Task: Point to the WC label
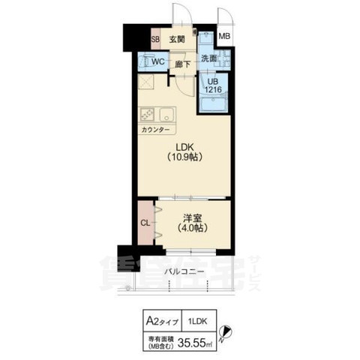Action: coord(157,62)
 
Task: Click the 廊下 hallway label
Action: coord(182,64)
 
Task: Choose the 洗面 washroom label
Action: coord(208,58)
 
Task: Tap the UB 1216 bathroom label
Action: coord(213,85)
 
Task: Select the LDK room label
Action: coord(186,147)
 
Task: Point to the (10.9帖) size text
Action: coord(186,159)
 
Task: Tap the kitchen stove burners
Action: coord(148,115)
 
